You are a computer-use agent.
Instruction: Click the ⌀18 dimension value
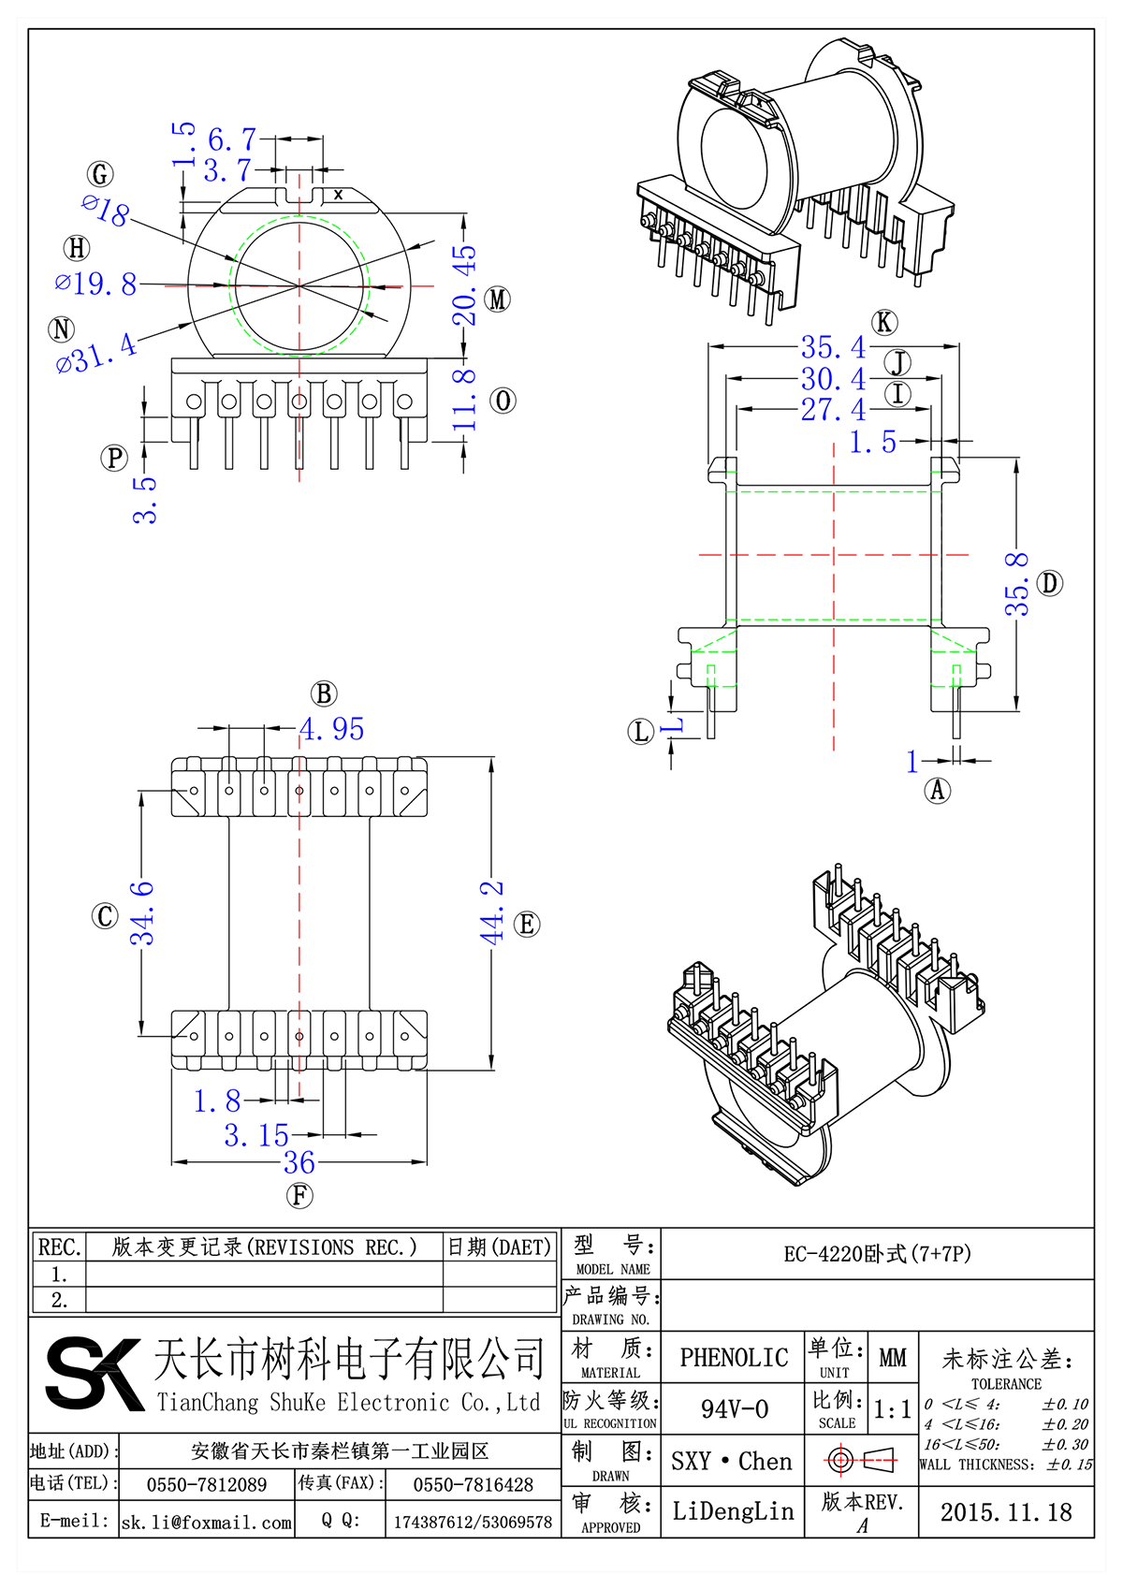tap(106, 211)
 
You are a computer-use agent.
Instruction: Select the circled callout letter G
tap(100, 174)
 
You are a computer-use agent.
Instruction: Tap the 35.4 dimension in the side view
tap(834, 347)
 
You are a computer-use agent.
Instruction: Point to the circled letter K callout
tap(883, 323)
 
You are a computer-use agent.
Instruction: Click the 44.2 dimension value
tap(492, 911)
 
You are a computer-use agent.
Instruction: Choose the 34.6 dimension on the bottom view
tap(142, 912)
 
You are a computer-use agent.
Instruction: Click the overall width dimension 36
tap(299, 1162)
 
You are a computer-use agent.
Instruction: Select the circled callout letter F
tap(299, 1195)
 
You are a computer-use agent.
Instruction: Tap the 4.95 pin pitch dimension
tap(332, 729)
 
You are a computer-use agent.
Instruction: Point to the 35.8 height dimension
tap(1017, 584)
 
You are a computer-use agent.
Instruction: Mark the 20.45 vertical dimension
tap(465, 285)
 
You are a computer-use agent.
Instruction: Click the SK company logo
tap(94, 1373)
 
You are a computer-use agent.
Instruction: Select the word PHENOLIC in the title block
tap(734, 1357)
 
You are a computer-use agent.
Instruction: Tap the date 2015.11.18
tap(1006, 1511)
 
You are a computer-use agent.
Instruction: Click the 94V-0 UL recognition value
tap(734, 1408)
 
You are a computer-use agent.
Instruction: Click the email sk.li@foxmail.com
tap(207, 1522)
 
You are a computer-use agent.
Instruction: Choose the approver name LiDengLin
tap(733, 1510)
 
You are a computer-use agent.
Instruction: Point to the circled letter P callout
tap(114, 458)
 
